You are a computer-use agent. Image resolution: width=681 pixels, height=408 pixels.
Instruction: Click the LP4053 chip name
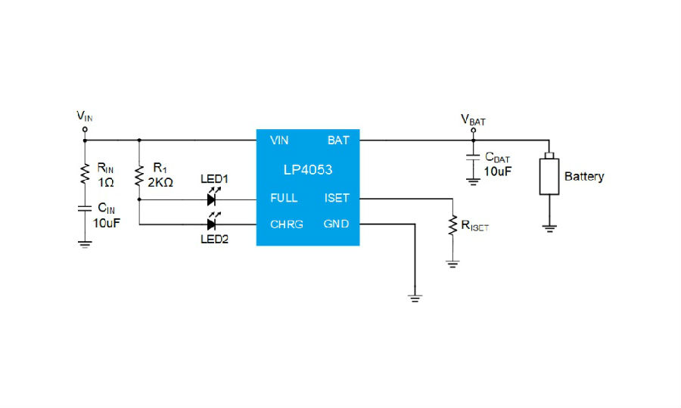point(308,170)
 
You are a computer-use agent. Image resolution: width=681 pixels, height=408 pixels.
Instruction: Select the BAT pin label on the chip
point(338,141)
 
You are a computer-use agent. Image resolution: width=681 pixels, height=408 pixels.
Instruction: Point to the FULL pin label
point(284,198)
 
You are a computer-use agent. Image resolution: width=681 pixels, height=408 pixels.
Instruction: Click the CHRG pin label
point(287,224)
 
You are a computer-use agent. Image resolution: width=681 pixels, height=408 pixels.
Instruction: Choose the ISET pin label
point(337,198)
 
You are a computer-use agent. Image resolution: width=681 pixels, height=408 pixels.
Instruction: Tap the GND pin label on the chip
point(337,224)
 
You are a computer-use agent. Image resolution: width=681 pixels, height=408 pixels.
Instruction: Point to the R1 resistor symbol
point(139,176)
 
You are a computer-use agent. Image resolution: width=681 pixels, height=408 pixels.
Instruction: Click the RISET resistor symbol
point(452,224)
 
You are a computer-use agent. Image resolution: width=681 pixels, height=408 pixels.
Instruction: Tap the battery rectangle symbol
point(547,176)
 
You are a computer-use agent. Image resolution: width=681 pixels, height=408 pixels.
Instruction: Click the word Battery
point(584,177)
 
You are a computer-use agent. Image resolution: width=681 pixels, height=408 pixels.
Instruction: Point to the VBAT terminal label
point(473,119)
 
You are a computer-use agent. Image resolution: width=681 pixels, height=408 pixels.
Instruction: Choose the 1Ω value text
point(106,182)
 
